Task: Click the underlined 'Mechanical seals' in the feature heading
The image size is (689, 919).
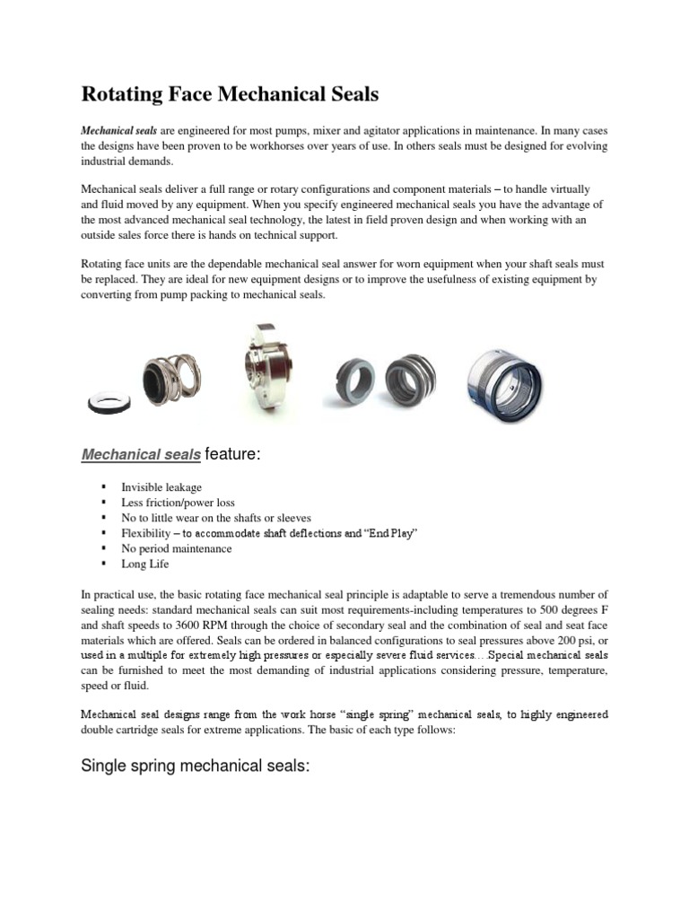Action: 141,455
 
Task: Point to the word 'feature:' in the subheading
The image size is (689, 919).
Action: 232,455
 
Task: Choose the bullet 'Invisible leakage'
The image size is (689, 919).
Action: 161,487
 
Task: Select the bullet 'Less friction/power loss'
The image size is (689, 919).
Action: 178,503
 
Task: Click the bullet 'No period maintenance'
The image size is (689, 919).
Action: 176,548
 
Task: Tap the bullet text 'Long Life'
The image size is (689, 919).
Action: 145,564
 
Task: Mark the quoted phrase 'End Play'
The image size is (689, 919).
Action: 387,533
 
